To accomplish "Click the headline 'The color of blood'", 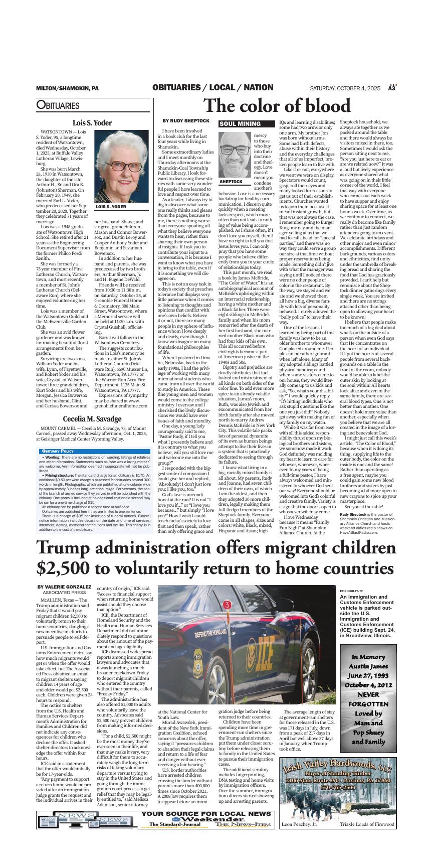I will (x=277, y=106).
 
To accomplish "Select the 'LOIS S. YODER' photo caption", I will (x=111, y=207).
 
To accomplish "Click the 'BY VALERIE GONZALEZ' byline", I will (x=64, y=587).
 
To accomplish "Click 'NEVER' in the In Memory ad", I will (x=368, y=695).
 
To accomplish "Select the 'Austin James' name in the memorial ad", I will (x=368, y=666).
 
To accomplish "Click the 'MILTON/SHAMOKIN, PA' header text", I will (x=67, y=88).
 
